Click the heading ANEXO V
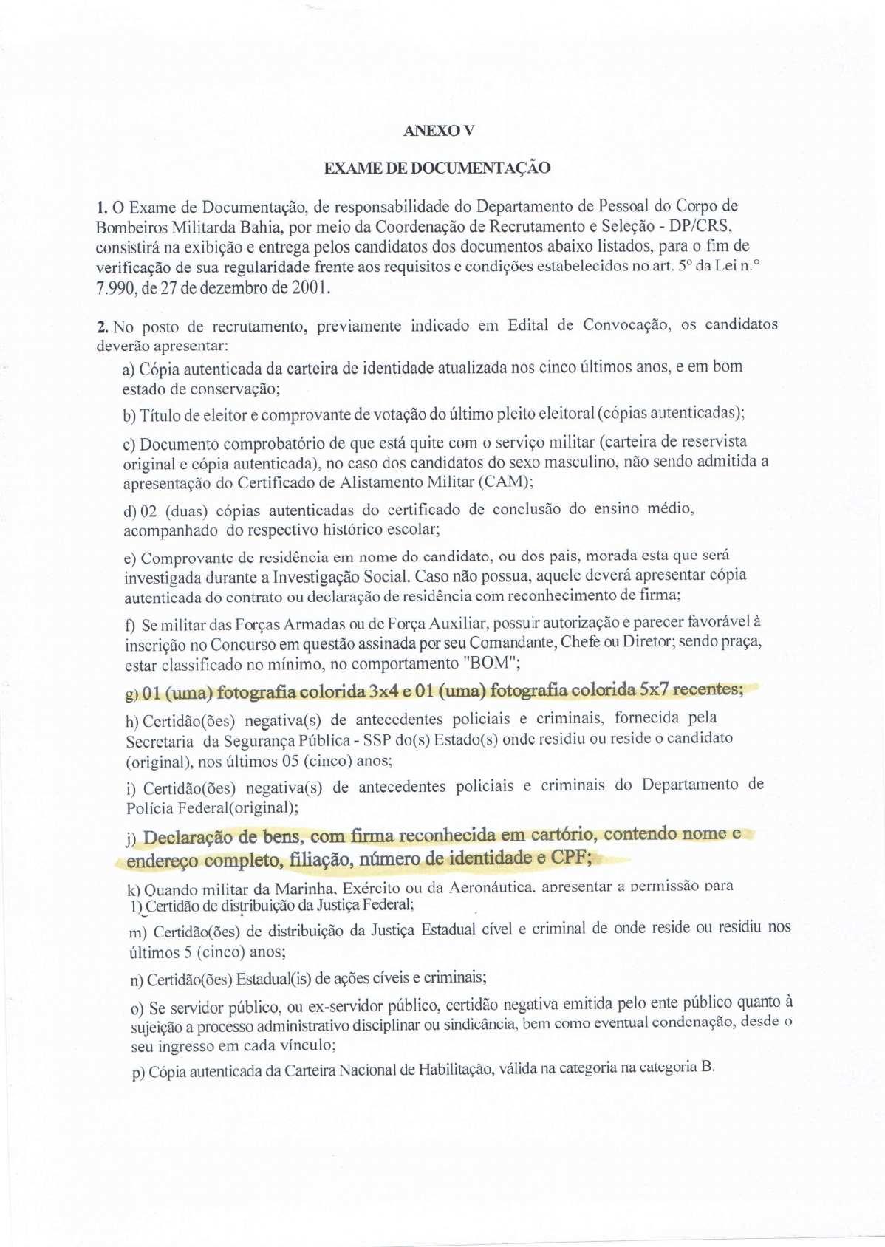pyautogui.click(x=438, y=131)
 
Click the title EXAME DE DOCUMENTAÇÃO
pyautogui.click(x=437, y=168)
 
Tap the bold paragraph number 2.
pyautogui.click(x=103, y=326)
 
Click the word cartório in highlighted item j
pyautogui.click(x=560, y=835)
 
